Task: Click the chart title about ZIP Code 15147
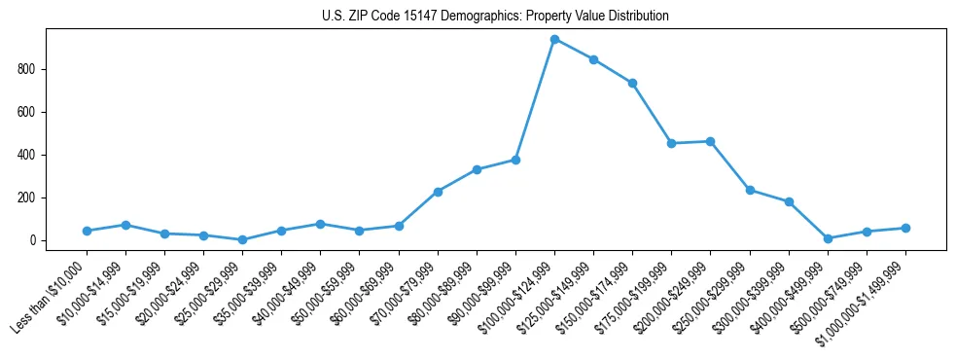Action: pos(495,17)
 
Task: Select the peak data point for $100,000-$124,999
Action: pos(554,39)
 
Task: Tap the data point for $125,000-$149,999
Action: pos(593,59)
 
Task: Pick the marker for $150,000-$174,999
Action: pos(632,83)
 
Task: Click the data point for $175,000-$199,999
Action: pos(671,143)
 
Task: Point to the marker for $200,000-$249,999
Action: pos(710,141)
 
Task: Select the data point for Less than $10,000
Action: pos(87,231)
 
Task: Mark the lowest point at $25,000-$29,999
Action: pos(242,239)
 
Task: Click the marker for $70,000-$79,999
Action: pos(438,192)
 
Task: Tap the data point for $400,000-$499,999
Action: pos(828,238)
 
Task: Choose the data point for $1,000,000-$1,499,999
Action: pos(905,228)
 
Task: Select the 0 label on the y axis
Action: pos(34,240)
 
